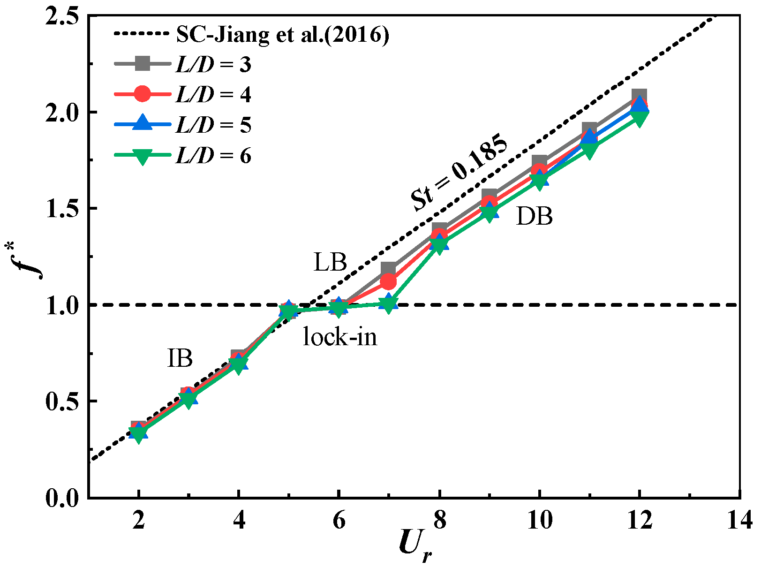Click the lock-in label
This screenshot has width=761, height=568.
(x=340, y=337)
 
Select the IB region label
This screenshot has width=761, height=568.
(x=180, y=358)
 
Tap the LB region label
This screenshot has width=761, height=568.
(x=330, y=262)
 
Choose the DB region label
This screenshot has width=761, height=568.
(x=534, y=217)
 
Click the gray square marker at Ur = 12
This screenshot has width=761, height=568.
(x=639, y=96)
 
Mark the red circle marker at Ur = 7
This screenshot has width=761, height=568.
(x=388, y=282)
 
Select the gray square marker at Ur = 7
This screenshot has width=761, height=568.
(x=388, y=269)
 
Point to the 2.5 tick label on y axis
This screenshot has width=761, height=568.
(x=63, y=16)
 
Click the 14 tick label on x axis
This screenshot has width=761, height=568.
(x=739, y=520)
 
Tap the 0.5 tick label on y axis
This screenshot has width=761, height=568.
(x=63, y=401)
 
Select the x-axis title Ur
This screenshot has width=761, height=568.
(x=415, y=546)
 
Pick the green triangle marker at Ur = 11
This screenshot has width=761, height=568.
(x=589, y=151)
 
